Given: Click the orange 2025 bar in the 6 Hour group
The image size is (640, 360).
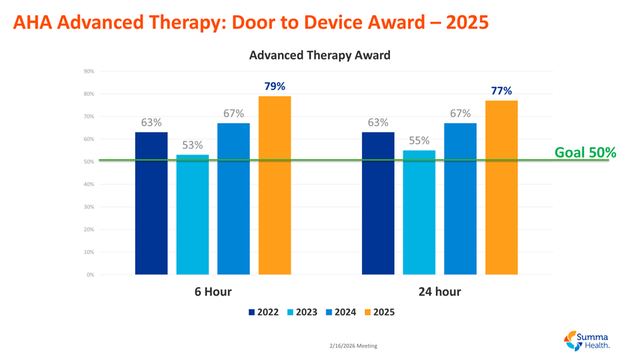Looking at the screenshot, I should (275, 185).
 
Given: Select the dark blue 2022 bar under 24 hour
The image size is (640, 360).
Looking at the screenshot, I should (378, 203).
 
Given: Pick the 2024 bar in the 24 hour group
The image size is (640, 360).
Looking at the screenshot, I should (460, 198).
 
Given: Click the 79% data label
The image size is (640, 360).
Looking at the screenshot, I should (275, 86).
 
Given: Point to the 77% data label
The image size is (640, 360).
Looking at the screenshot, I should (501, 91).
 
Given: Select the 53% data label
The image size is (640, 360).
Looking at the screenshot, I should (192, 145).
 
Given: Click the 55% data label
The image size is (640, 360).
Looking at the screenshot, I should (419, 141).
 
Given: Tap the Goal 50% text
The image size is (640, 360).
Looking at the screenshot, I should (585, 152).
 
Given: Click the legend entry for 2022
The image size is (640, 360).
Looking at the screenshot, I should (263, 312).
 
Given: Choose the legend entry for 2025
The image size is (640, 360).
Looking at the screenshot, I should (379, 312).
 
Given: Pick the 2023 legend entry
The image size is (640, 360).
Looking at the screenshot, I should (302, 312).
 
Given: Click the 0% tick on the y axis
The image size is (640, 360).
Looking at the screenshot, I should (90, 274).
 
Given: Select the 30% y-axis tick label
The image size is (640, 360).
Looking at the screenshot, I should (89, 207).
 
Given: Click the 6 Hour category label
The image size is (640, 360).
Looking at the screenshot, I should (213, 292).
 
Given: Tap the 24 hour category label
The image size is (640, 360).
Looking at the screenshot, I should (439, 292).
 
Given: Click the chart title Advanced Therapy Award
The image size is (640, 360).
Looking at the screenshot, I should (320, 55).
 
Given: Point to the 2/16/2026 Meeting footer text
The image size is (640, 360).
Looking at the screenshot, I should (353, 346).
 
